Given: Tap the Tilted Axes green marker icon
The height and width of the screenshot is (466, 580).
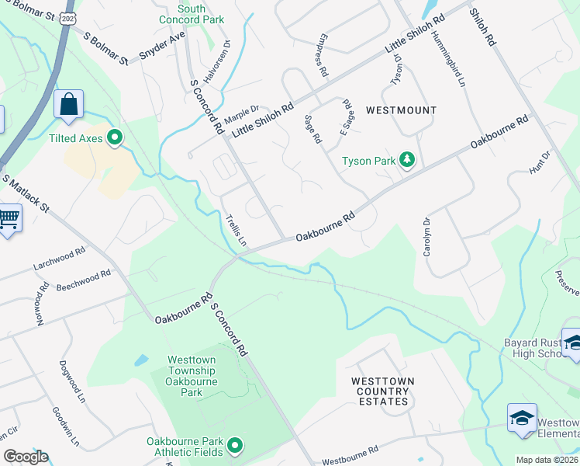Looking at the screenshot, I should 116,138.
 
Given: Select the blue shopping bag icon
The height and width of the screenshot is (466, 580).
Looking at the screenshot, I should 68,104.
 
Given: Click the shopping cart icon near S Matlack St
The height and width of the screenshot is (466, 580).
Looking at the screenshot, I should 8,217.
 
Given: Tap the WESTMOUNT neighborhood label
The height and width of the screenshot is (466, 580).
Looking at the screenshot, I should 401,110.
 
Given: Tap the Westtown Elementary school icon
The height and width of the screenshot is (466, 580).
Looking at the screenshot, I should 522,418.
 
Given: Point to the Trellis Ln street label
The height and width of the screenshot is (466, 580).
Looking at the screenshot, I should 235,231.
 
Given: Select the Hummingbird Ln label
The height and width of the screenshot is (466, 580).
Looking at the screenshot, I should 455,61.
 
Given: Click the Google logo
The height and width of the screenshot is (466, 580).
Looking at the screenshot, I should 25,457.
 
